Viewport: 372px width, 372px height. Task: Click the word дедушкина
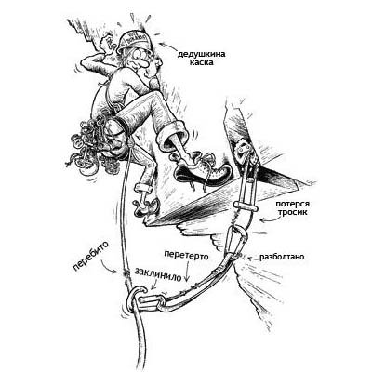coord(202,55)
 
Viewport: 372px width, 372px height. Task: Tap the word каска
coord(202,63)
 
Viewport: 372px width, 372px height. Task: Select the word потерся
coord(292,205)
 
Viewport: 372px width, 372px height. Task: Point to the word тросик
coord(292,213)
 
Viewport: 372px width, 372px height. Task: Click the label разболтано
coord(282,257)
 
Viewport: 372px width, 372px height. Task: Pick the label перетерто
coord(186,256)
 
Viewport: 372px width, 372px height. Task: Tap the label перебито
coord(90,256)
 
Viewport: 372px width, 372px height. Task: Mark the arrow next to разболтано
coord(251,258)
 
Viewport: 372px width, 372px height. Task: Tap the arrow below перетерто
coord(187,272)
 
